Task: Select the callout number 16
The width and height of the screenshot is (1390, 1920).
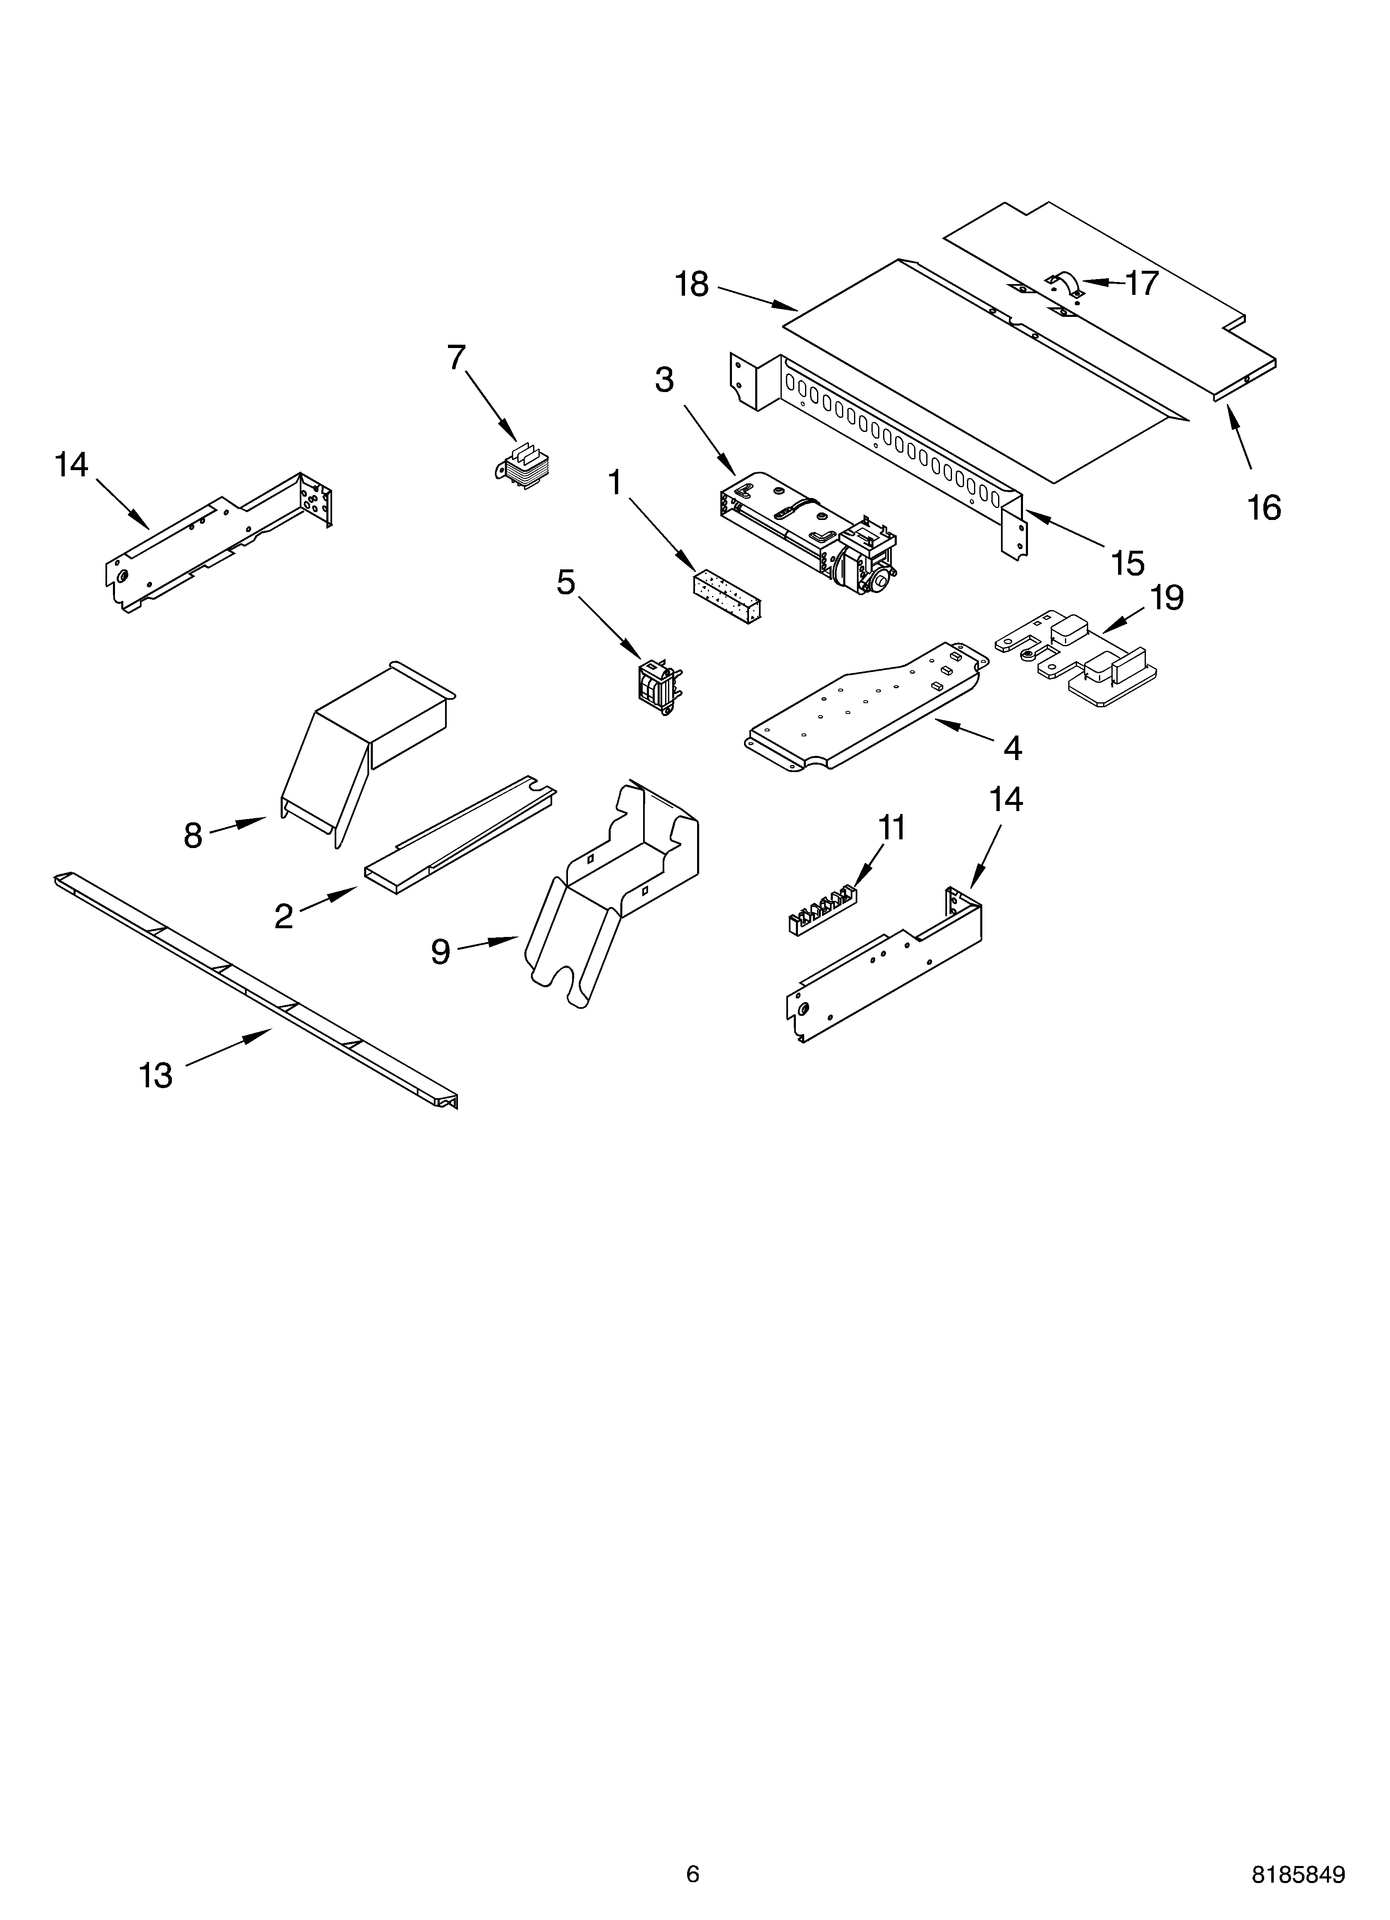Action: click(1264, 508)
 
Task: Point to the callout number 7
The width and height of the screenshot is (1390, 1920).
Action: click(456, 358)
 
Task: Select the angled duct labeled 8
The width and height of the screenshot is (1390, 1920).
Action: click(355, 745)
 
